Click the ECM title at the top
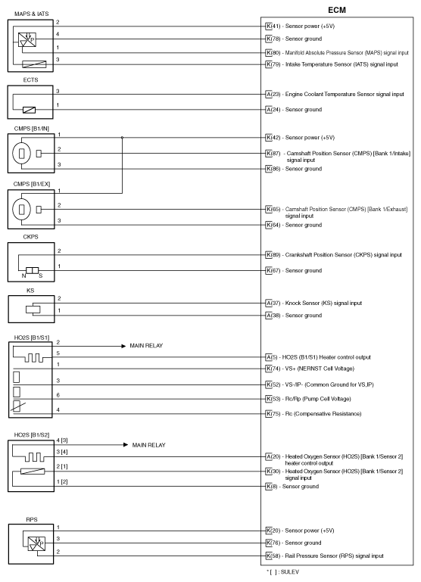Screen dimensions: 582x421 pyautogui.click(x=338, y=11)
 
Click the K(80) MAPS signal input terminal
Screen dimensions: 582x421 pyautogui.click(x=269, y=54)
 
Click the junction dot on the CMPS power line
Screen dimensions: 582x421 pyautogui.click(x=123, y=138)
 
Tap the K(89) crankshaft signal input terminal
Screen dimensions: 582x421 pyautogui.click(x=269, y=255)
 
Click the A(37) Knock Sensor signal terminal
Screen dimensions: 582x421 pyautogui.click(x=269, y=303)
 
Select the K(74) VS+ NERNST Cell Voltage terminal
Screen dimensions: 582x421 pyautogui.click(x=269, y=367)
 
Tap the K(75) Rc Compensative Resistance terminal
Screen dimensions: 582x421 pyautogui.click(x=269, y=414)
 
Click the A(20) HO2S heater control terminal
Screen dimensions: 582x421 pyautogui.click(x=269, y=457)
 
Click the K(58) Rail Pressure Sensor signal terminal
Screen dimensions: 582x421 pyautogui.click(x=269, y=555)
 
